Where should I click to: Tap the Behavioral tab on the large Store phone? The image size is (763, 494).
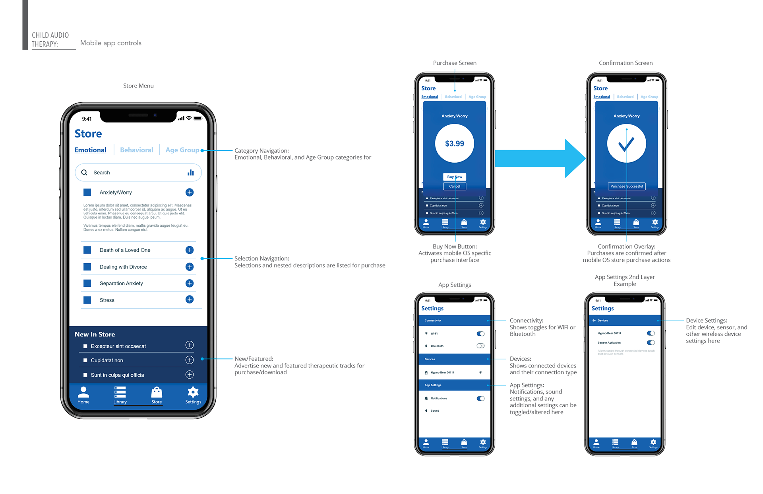pyautogui.click(x=136, y=150)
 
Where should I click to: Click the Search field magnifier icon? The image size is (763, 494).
pyautogui.click(x=84, y=173)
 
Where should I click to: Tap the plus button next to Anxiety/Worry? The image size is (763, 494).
pyautogui.click(x=190, y=193)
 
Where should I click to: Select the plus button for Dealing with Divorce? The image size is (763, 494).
pyautogui.click(x=190, y=267)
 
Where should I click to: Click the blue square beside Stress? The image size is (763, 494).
pyautogui.click(x=87, y=300)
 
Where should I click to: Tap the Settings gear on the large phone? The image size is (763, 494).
pyautogui.click(x=193, y=393)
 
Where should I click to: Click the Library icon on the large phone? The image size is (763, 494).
pyautogui.click(x=120, y=393)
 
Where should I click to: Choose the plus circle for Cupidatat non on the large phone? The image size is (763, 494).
pyautogui.click(x=190, y=360)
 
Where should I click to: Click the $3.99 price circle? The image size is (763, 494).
pyautogui.click(x=455, y=144)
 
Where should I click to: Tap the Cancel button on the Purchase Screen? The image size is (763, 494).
pyautogui.click(x=455, y=186)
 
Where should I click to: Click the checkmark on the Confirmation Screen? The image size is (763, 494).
pyautogui.click(x=626, y=144)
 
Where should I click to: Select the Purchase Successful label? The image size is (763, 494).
pyautogui.click(x=627, y=186)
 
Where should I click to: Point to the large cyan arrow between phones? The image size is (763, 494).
pyautogui.click(x=540, y=158)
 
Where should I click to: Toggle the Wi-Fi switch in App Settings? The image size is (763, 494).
pyautogui.click(x=480, y=334)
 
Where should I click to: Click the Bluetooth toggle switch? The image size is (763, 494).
pyautogui.click(x=480, y=346)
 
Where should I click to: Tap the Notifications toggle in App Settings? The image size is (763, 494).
pyautogui.click(x=480, y=399)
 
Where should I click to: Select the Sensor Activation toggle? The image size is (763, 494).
pyautogui.click(x=651, y=342)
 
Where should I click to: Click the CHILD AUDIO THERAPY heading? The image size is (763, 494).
pyautogui.click(x=50, y=39)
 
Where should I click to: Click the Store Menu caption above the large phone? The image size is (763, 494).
pyautogui.click(x=138, y=86)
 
